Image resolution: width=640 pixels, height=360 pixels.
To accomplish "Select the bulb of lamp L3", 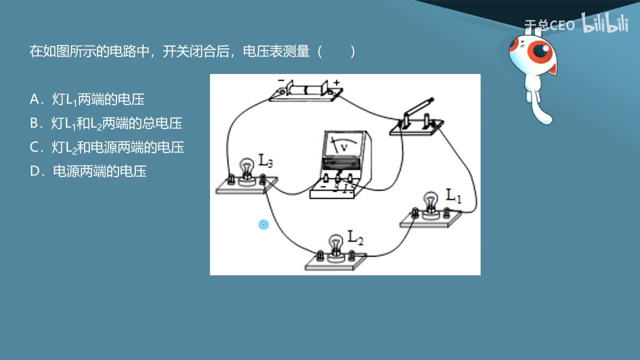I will click(x=246, y=167).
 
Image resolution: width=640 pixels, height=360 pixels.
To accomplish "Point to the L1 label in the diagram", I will click(x=453, y=195).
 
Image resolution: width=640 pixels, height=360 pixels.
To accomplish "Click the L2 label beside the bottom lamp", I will click(x=355, y=236).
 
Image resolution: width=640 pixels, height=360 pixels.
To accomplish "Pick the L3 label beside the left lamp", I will click(x=265, y=160).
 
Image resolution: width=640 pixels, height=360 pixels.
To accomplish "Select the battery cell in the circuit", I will click(x=305, y=90).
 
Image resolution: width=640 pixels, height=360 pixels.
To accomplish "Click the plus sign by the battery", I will click(x=336, y=82).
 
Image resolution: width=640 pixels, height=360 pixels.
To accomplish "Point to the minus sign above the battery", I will click(x=281, y=80).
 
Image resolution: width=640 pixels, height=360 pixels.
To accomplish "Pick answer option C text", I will click(x=106, y=147).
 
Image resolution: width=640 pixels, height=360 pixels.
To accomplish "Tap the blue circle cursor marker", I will click(x=263, y=225).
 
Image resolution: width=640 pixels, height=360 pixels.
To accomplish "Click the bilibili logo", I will click(x=604, y=23).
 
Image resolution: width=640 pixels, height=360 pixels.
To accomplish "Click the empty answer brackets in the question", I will click(x=336, y=51).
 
